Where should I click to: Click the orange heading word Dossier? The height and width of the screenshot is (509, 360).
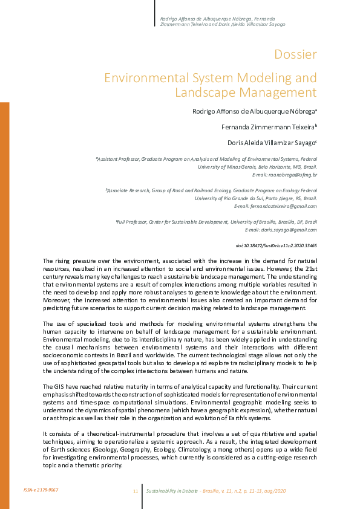(x=295, y=54)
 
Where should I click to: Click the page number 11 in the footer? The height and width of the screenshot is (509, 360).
(x=135, y=490)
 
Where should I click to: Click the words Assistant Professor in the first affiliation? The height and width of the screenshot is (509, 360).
(x=119, y=158)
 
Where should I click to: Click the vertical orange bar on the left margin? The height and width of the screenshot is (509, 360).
(x=4, y=302)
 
